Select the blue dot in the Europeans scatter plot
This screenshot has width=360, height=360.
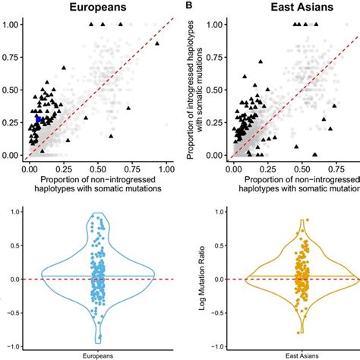(39, 119)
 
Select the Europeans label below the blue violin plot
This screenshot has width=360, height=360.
(97, 355)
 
